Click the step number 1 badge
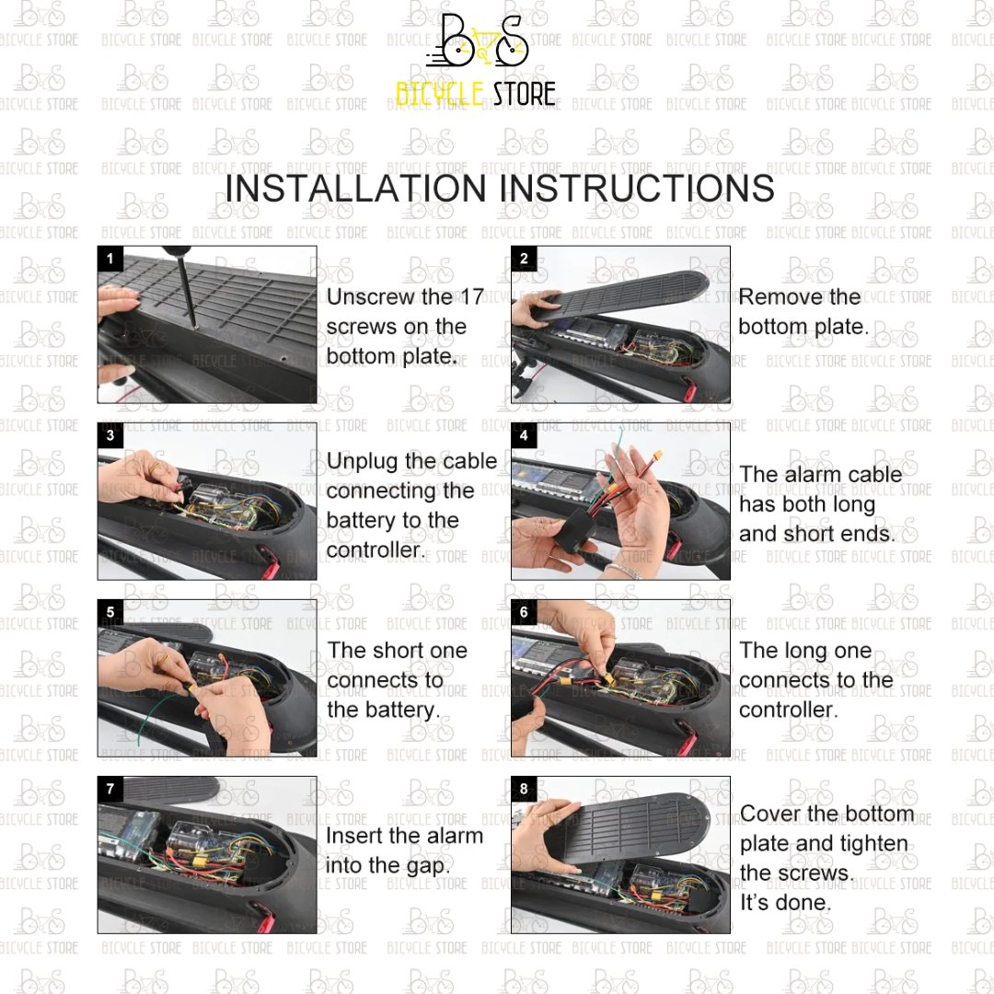[x=110, y=259]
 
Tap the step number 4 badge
[x=524, y=435]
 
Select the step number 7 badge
[x=110, y=789]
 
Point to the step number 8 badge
[x=524, y=789]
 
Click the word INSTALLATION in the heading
[x=355, y=189]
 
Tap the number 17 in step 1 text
[x=471, y=296]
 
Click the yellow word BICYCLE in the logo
[x=440, y=94]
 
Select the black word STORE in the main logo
[x=525, y=94]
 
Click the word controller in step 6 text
[x=788, y=710]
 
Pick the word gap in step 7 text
[x=427, y=867]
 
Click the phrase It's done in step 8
[x=785, y=902]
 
